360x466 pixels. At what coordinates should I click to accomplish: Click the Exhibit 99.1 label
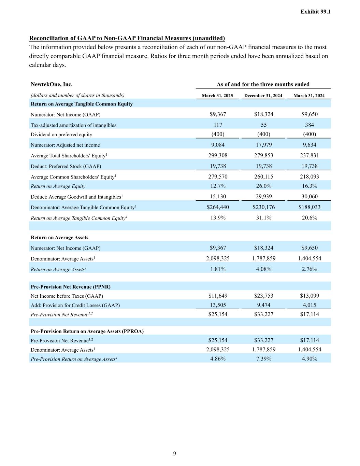point(315,12)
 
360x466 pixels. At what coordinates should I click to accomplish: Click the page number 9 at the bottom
point(175,453)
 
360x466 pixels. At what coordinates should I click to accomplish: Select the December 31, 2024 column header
point(263,96)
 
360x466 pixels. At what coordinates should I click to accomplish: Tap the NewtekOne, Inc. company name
point(52,84)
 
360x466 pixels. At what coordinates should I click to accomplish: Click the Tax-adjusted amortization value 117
point(218,125)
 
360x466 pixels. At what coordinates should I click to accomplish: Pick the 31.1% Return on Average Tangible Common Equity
point(264,217)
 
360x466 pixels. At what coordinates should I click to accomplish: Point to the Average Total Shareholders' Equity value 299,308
point(218,155)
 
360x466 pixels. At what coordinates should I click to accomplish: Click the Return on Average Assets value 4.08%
point(264,269)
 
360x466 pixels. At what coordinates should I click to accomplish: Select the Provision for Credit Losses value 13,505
point(218,305)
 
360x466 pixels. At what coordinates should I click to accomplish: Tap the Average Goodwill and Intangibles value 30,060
point(309,196)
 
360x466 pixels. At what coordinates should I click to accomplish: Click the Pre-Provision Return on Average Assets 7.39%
point(264,358)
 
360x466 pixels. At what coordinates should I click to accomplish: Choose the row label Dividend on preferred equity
point(61,135)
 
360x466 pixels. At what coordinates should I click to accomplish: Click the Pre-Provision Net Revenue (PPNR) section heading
point(71,287)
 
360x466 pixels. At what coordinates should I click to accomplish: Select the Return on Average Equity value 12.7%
point(218,186)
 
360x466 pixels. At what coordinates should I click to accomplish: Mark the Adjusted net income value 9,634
point(309,145)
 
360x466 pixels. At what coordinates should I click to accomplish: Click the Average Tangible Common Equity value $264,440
point(218,207)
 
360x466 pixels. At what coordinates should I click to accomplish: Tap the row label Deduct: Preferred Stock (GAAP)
point(66,166)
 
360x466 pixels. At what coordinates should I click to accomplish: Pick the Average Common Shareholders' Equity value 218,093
point(309,176)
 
